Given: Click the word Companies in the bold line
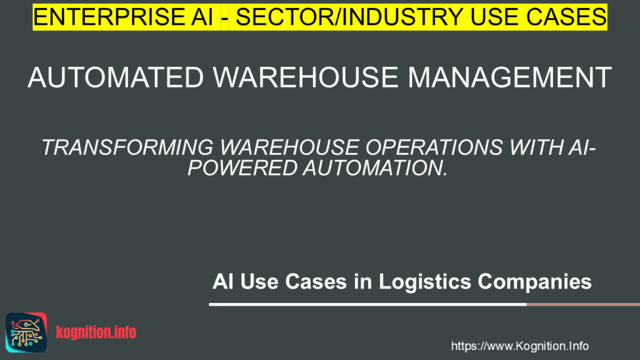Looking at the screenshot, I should (535, 281).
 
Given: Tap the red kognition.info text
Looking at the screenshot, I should (96, 332).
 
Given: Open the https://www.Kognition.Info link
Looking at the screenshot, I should (519, 346).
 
